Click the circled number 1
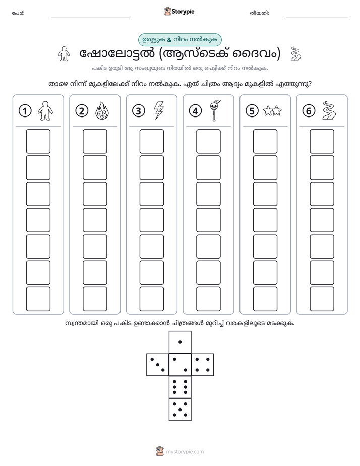point(25,111)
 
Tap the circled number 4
point(195,111)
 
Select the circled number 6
point(309,111)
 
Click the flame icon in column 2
point(102,111)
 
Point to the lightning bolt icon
point(158,110)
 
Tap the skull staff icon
point(215,110)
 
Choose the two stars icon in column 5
point(272,111)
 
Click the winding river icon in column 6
point(329,111)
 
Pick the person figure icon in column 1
point(45,111)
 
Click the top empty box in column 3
point(151,141)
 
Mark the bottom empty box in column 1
point(38,299)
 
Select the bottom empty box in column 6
point(322,299)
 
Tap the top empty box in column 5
point(265,141)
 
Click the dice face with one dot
point(180,342)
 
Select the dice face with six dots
point(180,387)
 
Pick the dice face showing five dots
point(180,409)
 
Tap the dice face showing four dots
point(203,365)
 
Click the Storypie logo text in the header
point(183,12)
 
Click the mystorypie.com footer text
point(185,452)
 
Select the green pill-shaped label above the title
point(179,40)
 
